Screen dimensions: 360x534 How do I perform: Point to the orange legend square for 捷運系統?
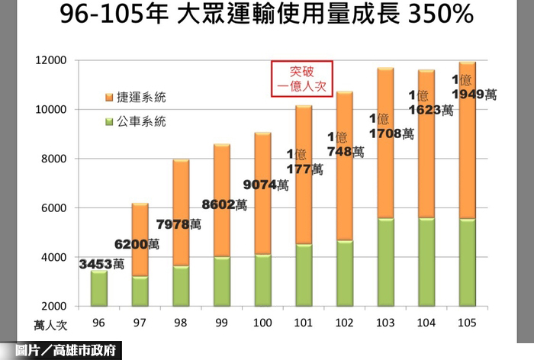point(109,98)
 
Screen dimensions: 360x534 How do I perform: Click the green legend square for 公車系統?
point(109,121)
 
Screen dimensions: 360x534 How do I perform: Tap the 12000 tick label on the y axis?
point(52,60)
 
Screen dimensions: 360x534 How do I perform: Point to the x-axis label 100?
point(262,323)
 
